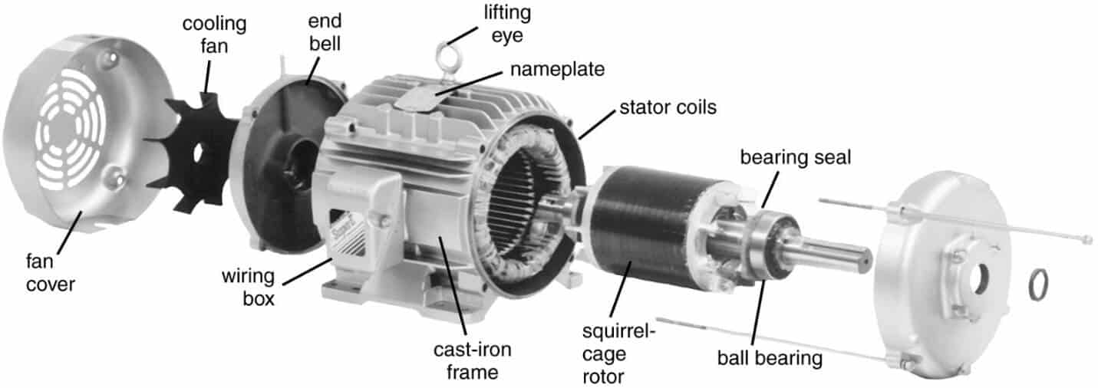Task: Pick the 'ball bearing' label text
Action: click(x=770, y=357)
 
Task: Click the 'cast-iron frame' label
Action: click(x=471, y=361)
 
